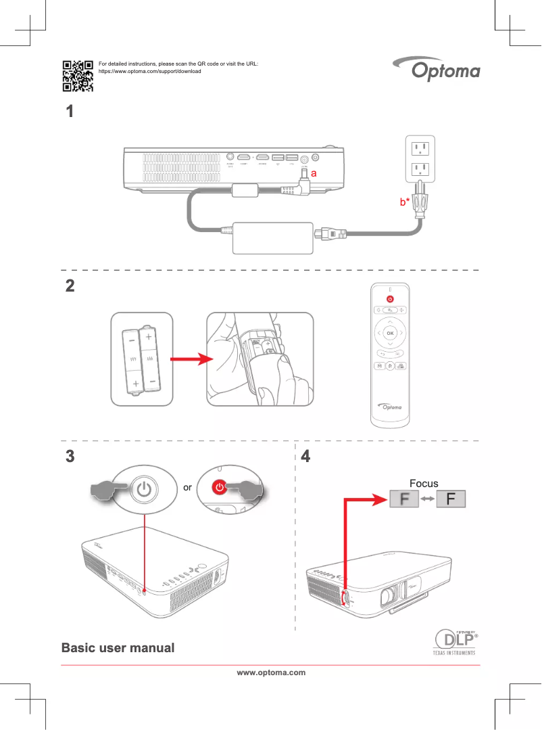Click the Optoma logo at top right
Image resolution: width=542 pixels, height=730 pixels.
pyautogui.click(x=436, y=70)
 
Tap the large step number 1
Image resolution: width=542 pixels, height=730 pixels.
pyautogui.click(x=68, y=112)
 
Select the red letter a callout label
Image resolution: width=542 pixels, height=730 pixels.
pyautogui.click(x=314, y=174)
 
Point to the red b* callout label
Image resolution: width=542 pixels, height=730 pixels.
pyautogui.click(x=404, y=202)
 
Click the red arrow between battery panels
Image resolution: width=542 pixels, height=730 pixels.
pyautogui.click(x=184, y=360)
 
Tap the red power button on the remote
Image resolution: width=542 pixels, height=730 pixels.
pyautogui.click(x=390, y=298)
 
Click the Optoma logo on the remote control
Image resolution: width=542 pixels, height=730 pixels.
pyautogui.click(x=390, y=407)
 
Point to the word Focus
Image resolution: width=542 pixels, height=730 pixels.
pyautogui.click(x=424, y=484)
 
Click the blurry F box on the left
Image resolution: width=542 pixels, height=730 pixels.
pyautogui.click(x=403, y=500)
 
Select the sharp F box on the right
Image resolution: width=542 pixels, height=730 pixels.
pyautogui.click(x=451, y=500)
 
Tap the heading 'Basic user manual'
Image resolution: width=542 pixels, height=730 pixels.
pyautogui.click(x=118, y=648)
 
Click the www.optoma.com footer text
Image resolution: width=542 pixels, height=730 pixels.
pyautogui.click(x=270, y=672)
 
